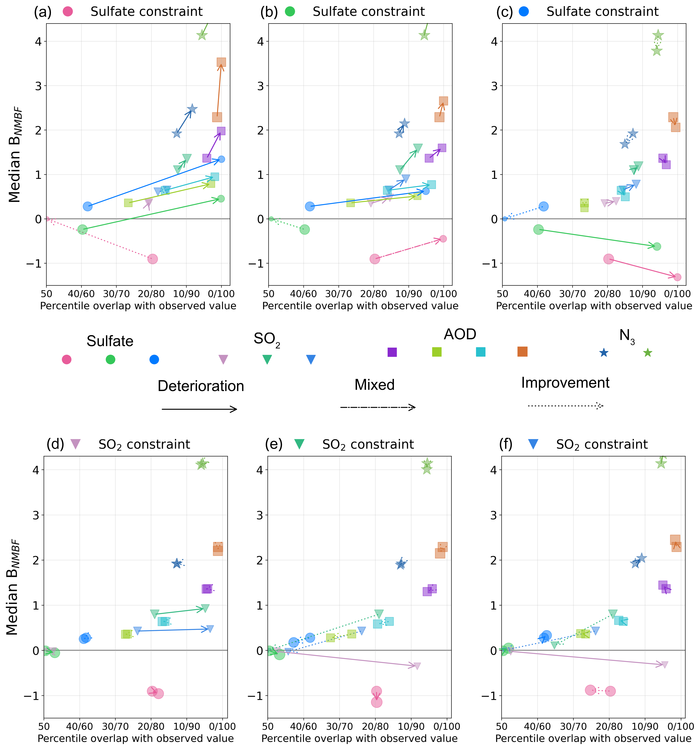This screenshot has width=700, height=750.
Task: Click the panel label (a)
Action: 43,12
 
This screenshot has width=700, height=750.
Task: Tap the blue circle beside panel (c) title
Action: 524,12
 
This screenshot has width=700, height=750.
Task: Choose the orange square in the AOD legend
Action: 522,352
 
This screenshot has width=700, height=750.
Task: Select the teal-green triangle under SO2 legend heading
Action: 267,360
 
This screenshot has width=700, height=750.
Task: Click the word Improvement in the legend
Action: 565,383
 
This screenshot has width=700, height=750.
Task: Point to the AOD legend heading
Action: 460,334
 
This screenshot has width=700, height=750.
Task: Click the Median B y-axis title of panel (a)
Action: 15,155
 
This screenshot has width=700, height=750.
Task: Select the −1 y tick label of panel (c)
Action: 490,263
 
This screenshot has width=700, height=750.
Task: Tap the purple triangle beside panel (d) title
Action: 76,444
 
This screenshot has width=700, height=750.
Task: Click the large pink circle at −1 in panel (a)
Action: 152,259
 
